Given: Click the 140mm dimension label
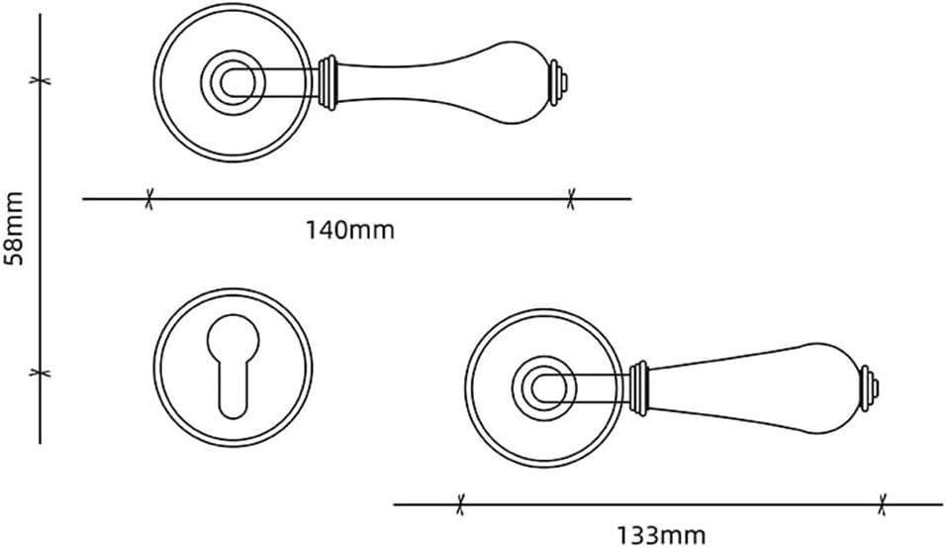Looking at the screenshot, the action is click(349, 231).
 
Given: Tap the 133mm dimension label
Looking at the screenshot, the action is click(662, 536).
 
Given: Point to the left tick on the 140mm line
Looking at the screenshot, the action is click(148, 199).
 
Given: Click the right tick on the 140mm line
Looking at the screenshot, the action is click(570, 199).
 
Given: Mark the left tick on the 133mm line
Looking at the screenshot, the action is click(459, 504).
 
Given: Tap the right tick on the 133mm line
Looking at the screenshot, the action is click(883, 504).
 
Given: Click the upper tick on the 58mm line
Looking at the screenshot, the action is click(40, 78).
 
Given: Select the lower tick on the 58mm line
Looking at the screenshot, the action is click(40, 373).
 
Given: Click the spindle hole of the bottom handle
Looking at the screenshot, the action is click(541, 385).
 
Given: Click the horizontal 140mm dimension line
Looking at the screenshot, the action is click(356, 199).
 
